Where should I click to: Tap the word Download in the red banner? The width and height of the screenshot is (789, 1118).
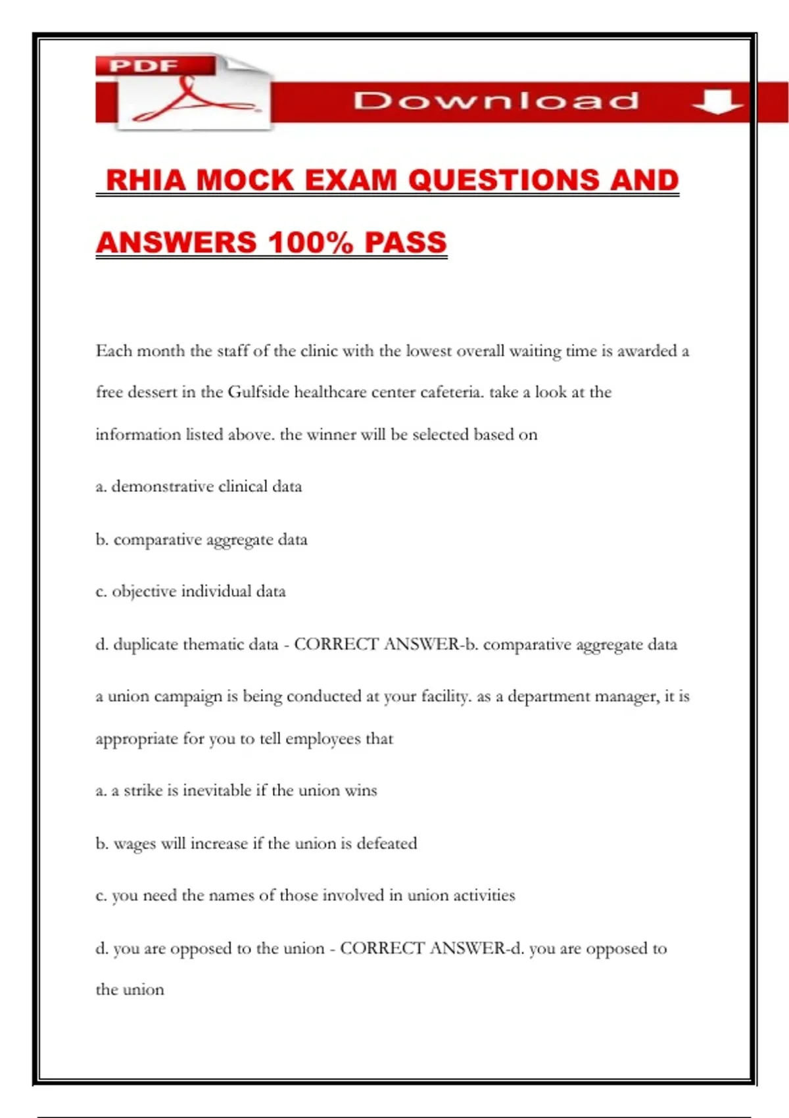point(496,101)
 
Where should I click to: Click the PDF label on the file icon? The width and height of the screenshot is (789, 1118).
point(143,66)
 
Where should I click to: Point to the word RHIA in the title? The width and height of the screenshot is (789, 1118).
point(147,180)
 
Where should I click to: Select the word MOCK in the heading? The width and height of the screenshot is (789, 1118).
point(245,180)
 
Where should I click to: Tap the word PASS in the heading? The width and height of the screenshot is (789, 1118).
point(406,242)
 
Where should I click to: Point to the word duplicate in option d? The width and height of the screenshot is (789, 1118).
point(145,644)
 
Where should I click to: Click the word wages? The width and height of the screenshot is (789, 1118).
point(134,844)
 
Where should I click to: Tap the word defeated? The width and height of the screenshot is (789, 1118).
point(387,844)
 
